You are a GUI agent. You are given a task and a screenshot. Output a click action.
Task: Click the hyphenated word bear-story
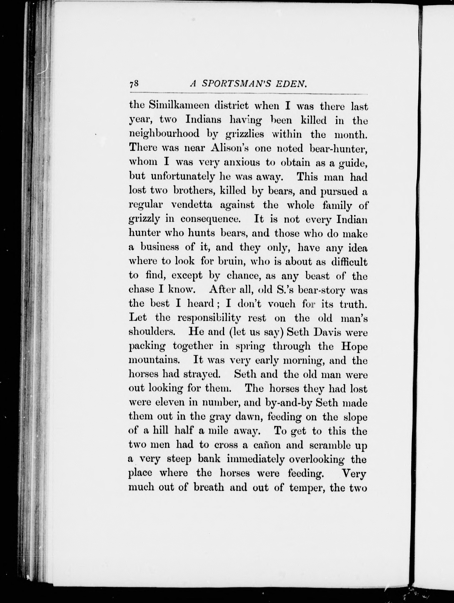pyautogui.click(x=321, y=290)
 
